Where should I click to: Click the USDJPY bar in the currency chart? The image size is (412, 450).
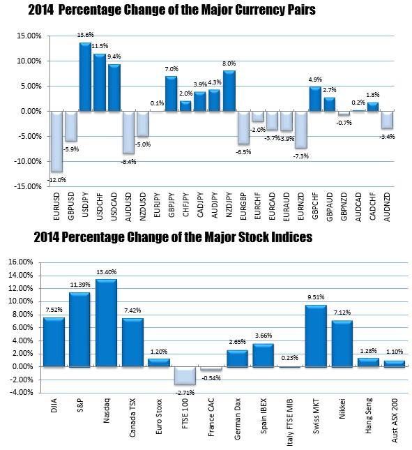85,77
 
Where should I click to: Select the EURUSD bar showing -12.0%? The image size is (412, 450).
56,142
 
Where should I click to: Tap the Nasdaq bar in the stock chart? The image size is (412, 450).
106,323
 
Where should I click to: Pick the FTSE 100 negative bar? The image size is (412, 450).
185,376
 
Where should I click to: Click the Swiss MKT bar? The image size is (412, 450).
316,336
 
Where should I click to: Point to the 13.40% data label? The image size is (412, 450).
107,272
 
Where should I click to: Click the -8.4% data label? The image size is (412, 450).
128,162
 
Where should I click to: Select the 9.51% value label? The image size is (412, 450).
316,297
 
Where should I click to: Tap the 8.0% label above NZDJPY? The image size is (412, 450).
229,63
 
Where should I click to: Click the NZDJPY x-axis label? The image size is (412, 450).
229,204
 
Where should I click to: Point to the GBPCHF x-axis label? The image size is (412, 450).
315,206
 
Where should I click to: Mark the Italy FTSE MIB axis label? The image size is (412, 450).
290,422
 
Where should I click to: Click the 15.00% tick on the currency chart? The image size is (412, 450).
29,36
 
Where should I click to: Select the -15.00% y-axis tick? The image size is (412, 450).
28,186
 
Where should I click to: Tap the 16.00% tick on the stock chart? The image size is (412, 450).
21,262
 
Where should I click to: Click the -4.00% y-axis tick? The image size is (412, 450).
21,392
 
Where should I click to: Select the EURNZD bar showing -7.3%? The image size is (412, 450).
301,130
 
